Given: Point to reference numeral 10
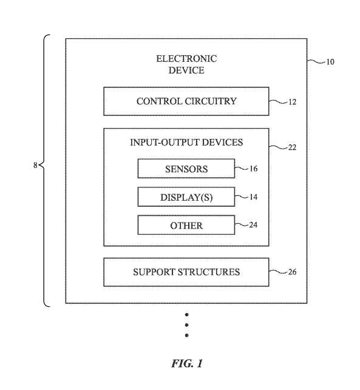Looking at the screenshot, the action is click(330, 62).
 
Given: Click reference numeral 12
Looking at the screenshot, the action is click(292, 102).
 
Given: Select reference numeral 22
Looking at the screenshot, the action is click(292, 147).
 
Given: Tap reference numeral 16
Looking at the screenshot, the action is click(253, 169).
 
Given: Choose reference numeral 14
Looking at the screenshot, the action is click(253, 197).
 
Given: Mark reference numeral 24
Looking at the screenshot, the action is click(253, 225).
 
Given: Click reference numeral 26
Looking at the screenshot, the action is click(292, 272).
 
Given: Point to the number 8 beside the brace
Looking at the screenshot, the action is click(35, 165).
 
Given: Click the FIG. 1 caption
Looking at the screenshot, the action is click(187, 363).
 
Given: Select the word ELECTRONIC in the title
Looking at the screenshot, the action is click(186, 59).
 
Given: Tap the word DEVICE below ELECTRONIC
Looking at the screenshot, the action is click(186, 70).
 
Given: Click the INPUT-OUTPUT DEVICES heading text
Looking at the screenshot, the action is click(186, 143).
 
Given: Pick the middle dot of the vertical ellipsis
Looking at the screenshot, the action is click(187, 325).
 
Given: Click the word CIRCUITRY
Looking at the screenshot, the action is click(211, 101).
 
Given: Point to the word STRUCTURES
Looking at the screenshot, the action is click(209, 272).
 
